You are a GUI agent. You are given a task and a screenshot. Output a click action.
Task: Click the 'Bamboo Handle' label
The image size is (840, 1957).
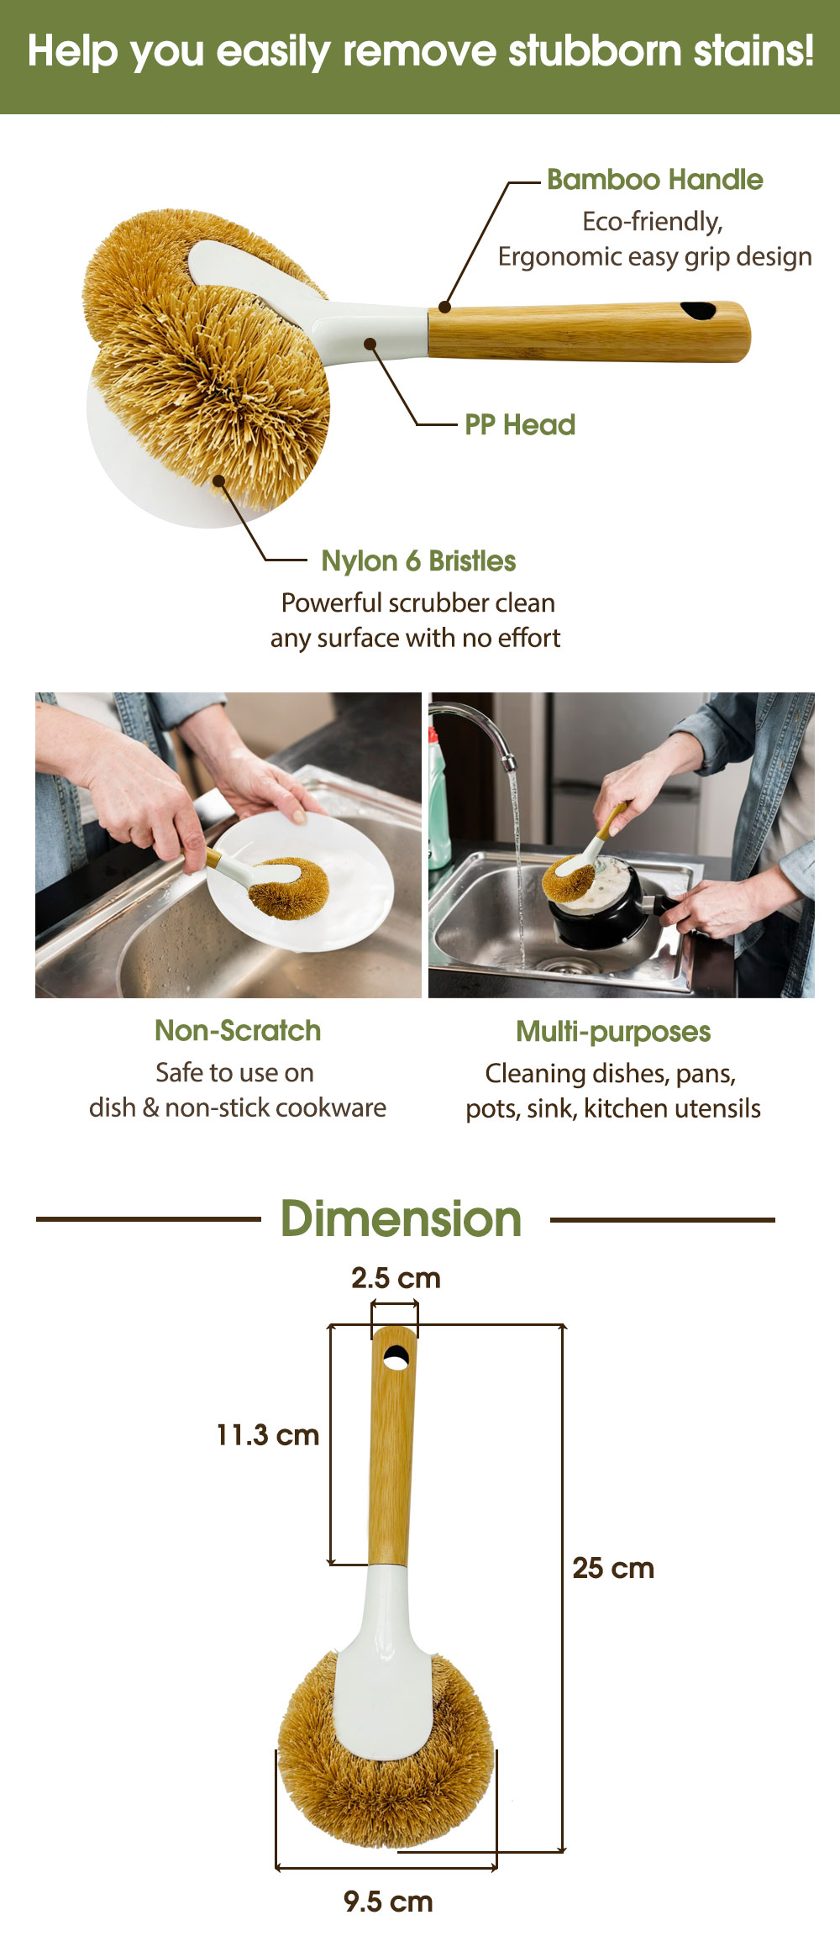click(654, 180)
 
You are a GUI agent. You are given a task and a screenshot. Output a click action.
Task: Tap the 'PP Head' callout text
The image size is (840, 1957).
click(520, 425)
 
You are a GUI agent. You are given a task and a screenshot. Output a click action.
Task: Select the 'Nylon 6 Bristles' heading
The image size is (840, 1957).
click(418, 561)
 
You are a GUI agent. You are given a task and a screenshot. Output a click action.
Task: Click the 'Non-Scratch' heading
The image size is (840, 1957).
click(238, 1030)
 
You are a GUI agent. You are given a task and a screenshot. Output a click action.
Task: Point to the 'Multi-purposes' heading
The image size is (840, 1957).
click(613, 1032)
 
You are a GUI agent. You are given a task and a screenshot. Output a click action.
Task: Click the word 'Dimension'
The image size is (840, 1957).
click(402, 1219)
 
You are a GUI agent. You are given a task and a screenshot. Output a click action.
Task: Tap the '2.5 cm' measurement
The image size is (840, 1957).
click(396, 1278)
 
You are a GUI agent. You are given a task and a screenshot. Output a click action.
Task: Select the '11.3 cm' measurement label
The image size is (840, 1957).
click(268, 1435)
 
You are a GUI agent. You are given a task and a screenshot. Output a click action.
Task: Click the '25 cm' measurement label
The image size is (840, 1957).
click(613, 1568)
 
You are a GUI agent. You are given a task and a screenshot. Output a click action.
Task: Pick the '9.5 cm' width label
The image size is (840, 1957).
click(388, 1902)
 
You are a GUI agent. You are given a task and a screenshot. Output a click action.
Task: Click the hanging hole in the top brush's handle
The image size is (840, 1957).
click(698, 310)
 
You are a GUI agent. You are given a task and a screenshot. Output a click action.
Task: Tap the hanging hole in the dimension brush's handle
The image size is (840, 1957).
click(396, 1357)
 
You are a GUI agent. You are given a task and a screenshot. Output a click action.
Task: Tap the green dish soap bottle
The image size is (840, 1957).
click(438, 798)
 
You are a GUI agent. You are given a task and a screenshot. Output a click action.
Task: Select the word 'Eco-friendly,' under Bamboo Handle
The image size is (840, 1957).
click(653, 222)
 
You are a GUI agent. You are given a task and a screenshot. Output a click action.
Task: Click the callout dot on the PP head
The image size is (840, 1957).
click(370, 343)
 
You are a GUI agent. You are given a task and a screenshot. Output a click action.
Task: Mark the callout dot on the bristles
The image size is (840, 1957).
click(218, 481)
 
